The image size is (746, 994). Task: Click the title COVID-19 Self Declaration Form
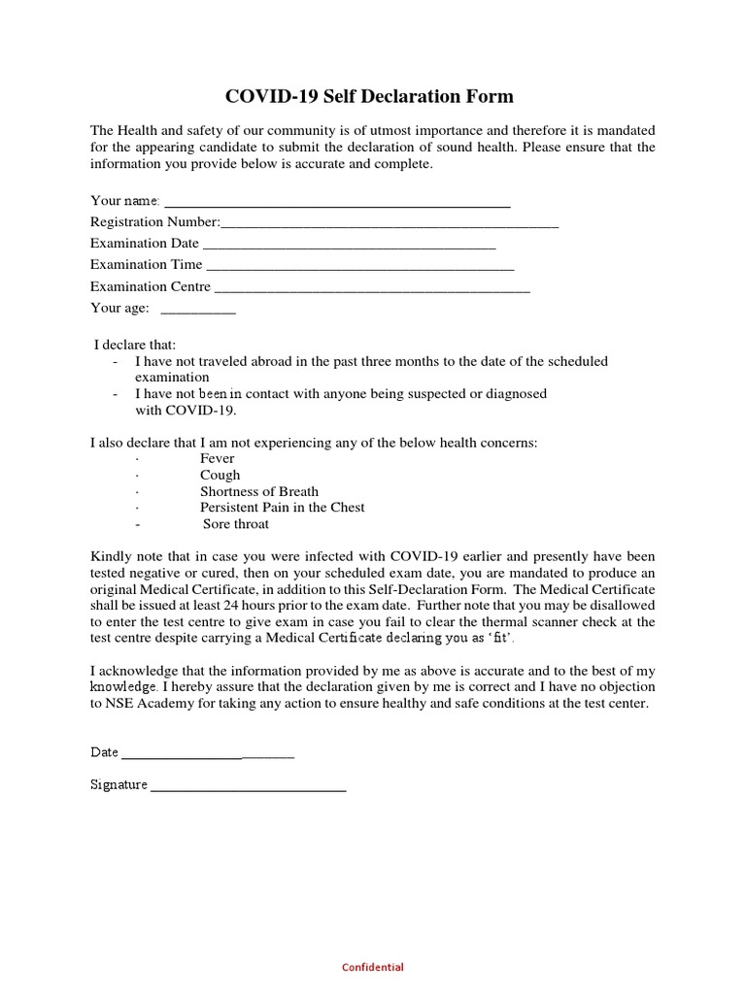click(369, 96)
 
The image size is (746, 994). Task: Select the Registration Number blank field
click(390, 226)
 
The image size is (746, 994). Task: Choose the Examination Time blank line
click(360, 269)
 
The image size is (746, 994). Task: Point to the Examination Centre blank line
click(371, 290)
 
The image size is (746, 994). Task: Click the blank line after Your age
click(197, 312)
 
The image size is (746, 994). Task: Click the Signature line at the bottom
click(249, 789)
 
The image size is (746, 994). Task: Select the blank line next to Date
click(207, 756)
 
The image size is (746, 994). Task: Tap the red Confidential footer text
click(373, 967)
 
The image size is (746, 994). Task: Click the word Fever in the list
click(218, 458)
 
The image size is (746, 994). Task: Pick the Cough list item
click(220, 475)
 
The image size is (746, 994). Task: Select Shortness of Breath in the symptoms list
click(259, 491)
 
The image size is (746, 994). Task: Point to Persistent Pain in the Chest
click(283, 508)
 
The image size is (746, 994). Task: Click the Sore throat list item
click(236, 524)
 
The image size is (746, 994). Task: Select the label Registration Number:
click(155, 222)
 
